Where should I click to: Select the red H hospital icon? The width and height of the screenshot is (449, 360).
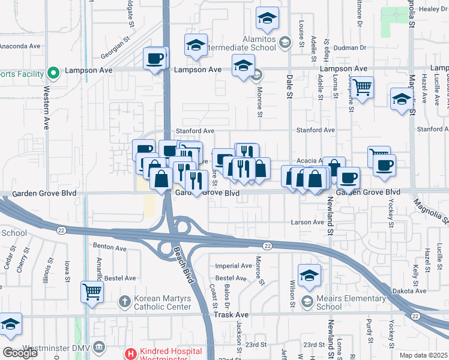coord(130,354)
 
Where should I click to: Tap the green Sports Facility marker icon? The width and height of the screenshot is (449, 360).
coord(53,74)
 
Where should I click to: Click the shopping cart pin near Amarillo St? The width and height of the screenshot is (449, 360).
coord(92,292)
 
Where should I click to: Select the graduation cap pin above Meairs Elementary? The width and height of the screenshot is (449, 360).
coord(309,275)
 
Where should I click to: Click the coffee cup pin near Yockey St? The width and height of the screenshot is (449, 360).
coord(384,166)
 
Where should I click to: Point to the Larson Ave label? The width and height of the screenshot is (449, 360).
coord(307,222)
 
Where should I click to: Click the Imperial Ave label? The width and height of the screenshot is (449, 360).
coord(233,266)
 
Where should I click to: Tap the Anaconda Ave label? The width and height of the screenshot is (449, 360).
coord(20,46)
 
